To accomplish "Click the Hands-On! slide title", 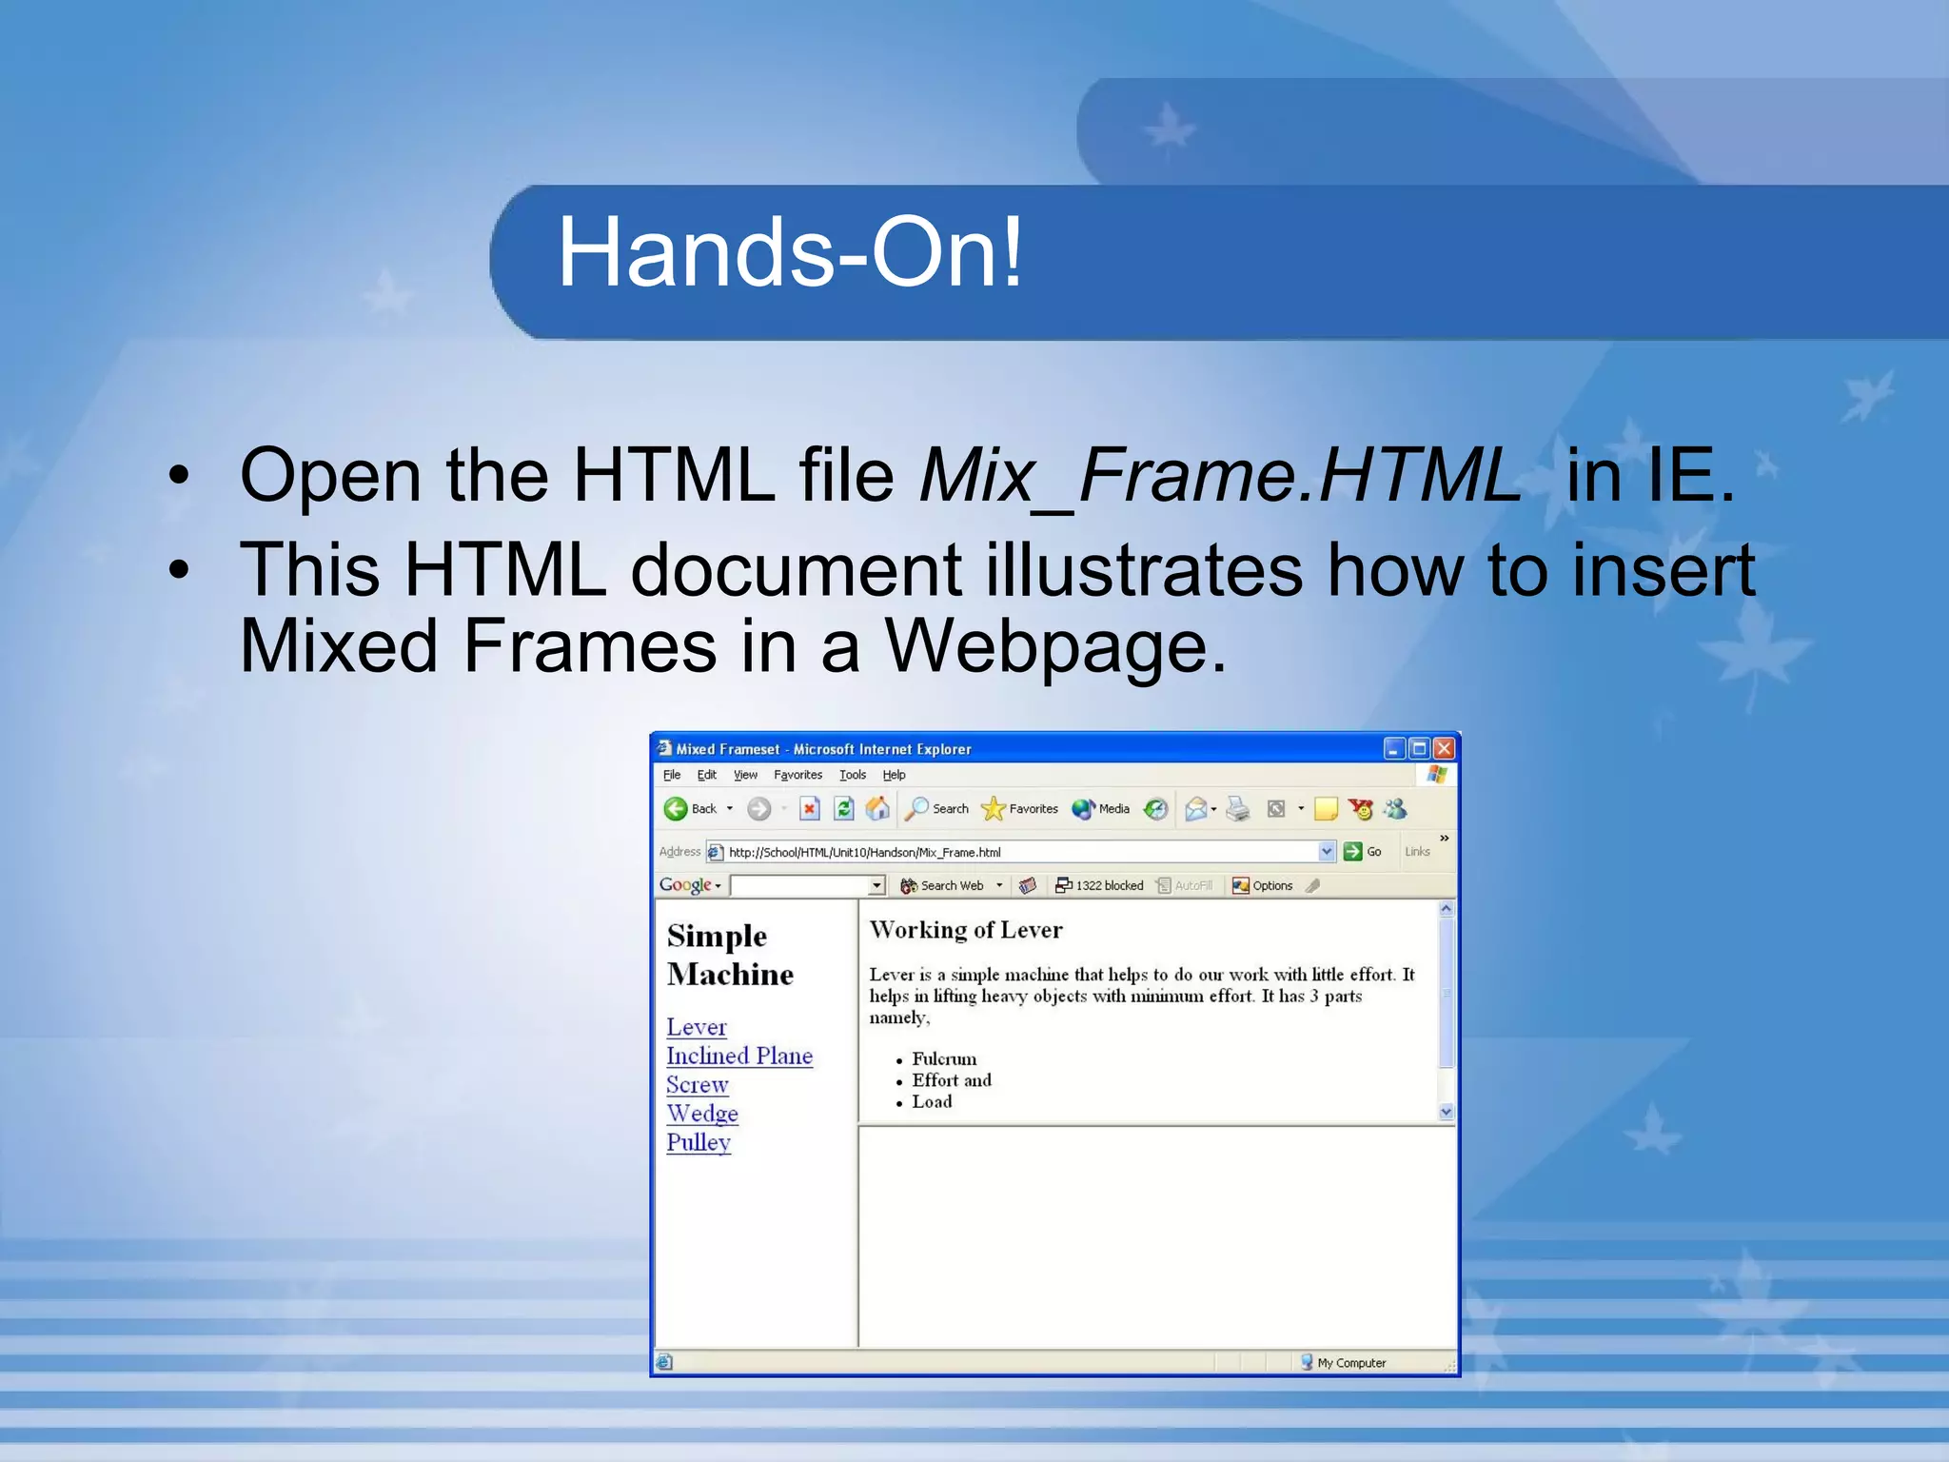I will tap(789, 253).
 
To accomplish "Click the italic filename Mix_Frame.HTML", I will tap(1219, 475).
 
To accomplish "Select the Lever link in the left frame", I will tap(697, 1027).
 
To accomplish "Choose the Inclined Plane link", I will tap(739, 1056).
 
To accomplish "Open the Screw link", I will tap(698, 1085).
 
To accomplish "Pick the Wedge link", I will tap(702, 1114).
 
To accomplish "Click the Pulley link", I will tap(699, 1142).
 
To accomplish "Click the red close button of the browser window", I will tap(1444, 749).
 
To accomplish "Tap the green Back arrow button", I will tap(676, 809).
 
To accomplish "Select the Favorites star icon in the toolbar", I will tap(993, 809).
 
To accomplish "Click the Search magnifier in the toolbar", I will tap(916, 809).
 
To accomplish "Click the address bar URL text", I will tap(864, 852).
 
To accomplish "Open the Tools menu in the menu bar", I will tap(853, 775).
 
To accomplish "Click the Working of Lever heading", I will tap(966, 930).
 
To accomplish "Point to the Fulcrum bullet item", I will tap(944, 1058).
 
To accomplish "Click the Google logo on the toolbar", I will tap(685, 885).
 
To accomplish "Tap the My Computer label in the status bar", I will tap(1351, 1363).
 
